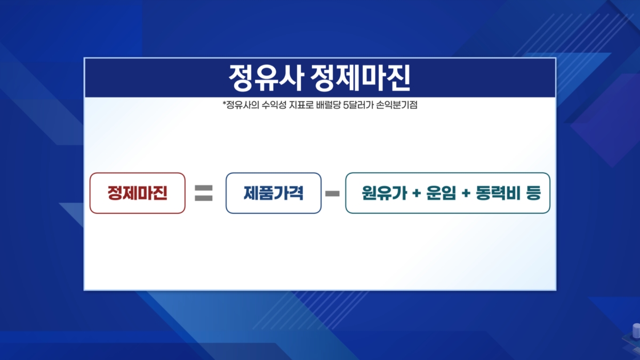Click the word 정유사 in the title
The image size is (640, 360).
(x=266, y=78)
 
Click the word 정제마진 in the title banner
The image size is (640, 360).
(x=361, y=78)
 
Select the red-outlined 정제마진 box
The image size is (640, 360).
(x=138, y=193)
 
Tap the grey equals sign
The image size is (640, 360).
(x=203, y=193)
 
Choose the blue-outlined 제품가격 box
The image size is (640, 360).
(x=274, y=193)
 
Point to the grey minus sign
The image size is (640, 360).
(x=333, y=194)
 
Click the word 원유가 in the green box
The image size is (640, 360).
(x=385, y=193)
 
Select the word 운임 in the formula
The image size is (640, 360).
(x=441, y=193)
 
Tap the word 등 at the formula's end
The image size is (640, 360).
(x=533, y=193)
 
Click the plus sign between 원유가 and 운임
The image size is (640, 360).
(x=417, y=194)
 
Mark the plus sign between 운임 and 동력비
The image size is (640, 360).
(x=466, y=194)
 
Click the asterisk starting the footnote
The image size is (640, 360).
(x=225, y=102)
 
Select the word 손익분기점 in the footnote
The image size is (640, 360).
(x=397, y=105)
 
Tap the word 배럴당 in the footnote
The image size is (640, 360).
(x=329, y=105)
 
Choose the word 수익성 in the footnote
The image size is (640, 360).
(x=274, y=105)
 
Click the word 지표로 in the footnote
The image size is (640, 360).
(x=301, y=105)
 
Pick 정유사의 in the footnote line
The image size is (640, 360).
(x=243, y=105)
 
